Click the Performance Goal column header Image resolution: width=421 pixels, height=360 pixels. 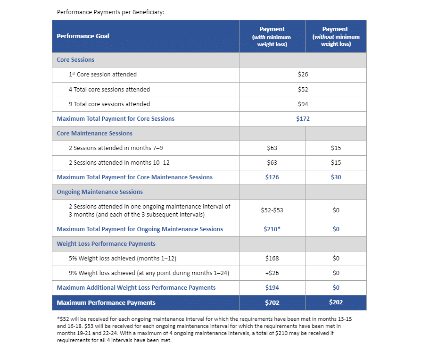point(83,36)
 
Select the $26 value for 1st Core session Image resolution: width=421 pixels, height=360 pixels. point(303,75)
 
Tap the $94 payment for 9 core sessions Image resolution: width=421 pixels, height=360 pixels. point(303,104)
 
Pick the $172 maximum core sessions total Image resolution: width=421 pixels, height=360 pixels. point(303,119)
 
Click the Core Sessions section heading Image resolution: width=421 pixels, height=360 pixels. point(75,60)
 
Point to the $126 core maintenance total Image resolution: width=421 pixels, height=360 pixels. point(272,177)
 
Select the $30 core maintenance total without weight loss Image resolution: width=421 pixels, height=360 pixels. point(336,177)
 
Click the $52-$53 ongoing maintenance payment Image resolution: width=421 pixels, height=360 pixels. point(272,210)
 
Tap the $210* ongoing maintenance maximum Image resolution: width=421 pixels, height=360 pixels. point(272,229)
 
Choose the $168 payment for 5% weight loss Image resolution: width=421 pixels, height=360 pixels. point(272,259)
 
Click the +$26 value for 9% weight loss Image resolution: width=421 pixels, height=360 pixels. point(272,273)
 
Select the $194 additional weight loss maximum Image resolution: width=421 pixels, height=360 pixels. point(272,288)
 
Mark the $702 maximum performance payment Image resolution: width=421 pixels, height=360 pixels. point(272,302)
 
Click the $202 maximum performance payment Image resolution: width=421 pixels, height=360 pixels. point(336,302)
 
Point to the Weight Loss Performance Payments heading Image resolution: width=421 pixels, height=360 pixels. point(106,244)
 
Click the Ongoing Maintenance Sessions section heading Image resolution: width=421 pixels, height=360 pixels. point(99,192)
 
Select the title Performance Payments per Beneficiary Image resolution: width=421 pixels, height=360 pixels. point(110,12)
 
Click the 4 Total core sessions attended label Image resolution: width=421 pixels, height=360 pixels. point(109,90)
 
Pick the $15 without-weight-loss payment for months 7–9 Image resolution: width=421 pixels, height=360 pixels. point(336,148)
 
